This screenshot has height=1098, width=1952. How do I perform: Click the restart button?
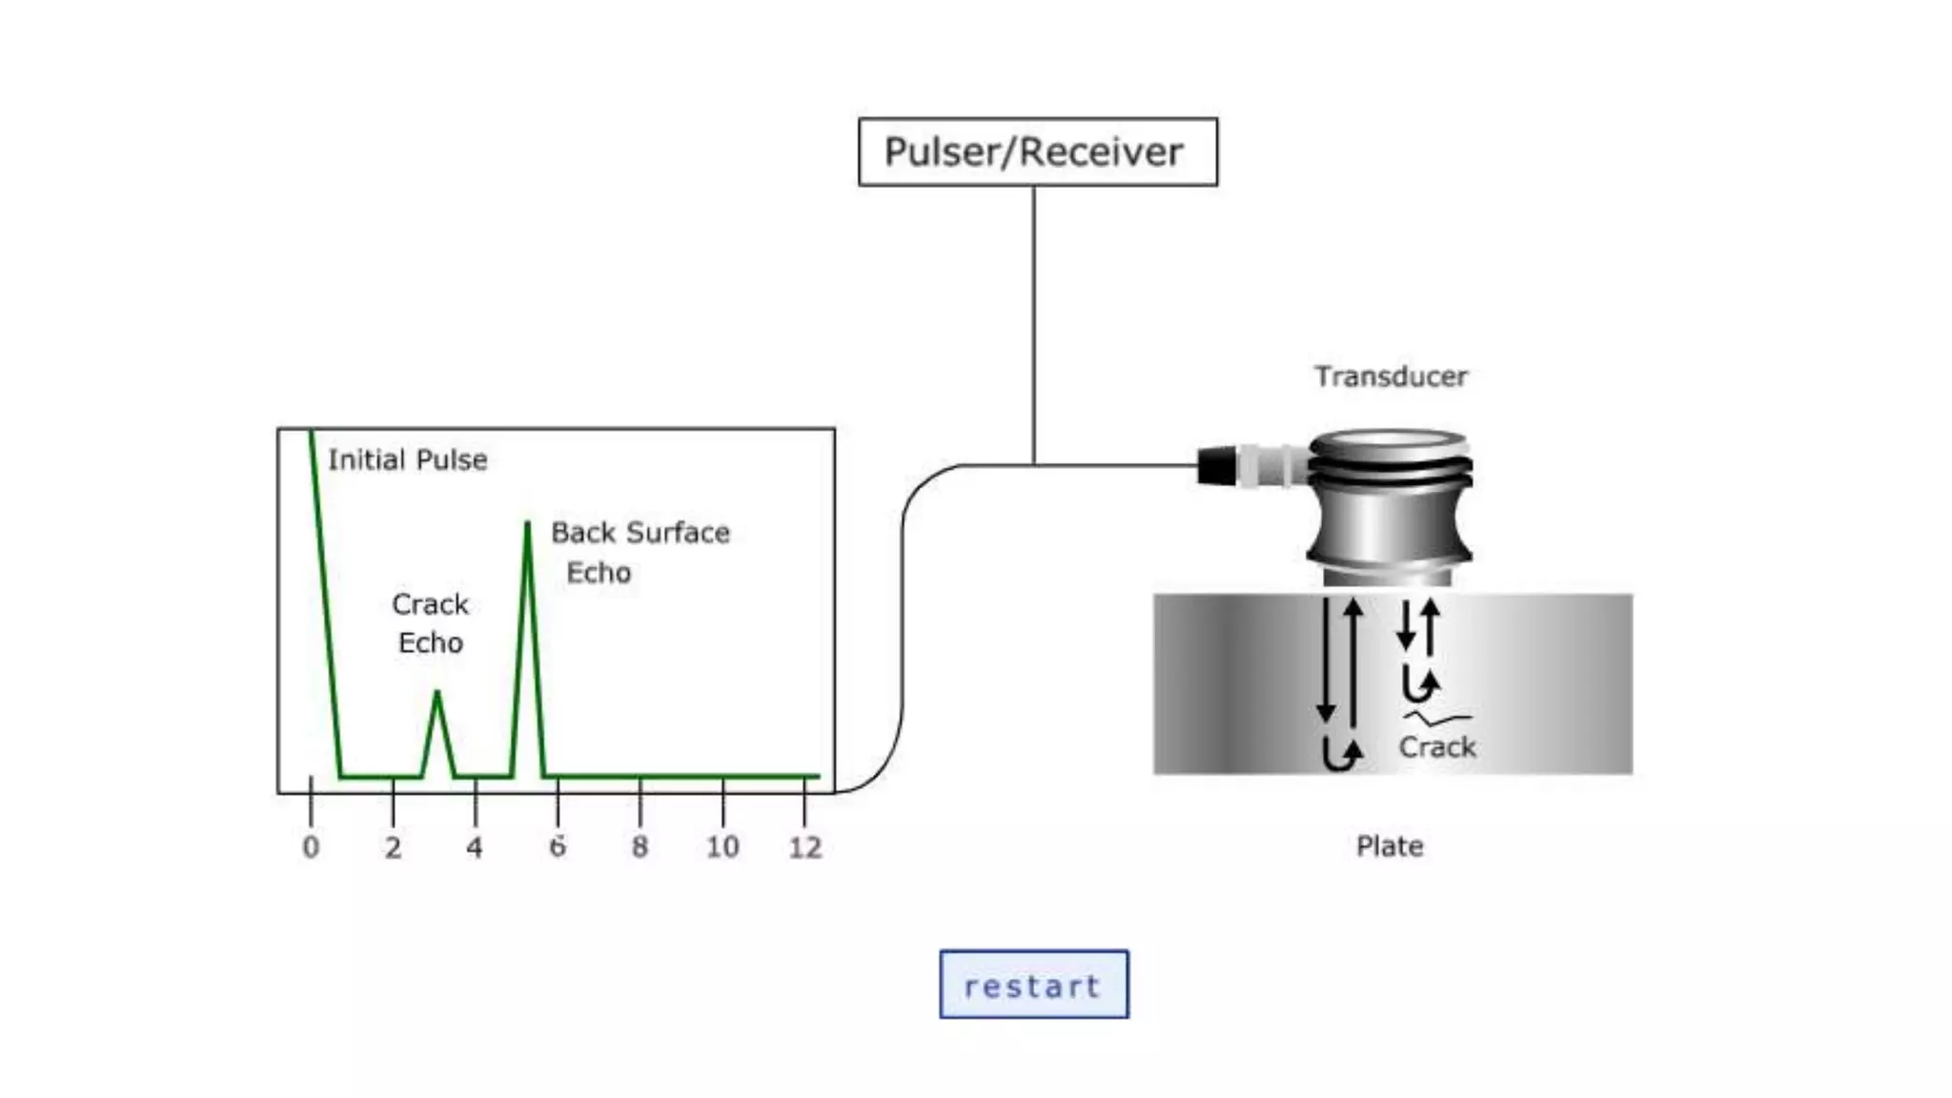click(1034, 985)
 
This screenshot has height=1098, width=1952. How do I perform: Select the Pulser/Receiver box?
click(1037, 152)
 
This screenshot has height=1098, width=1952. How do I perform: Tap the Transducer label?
click(1391, 376)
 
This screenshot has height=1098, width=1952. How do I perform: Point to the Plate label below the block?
click(1389, 845)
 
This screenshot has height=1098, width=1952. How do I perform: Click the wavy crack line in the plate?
click(1437, 718)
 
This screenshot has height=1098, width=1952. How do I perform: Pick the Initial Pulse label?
click(407, 459)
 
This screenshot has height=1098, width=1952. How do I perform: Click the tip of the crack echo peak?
click(437, 694)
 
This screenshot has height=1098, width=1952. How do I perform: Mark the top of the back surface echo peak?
click(527, 524)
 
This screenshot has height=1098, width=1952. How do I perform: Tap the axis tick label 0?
click(311, 846)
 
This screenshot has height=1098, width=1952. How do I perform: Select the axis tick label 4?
click(475, 846)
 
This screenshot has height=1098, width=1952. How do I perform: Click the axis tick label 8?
click(640, 846)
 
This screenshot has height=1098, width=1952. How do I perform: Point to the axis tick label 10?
click(722, 846)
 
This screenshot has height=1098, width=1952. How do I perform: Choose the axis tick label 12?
click(804, 846)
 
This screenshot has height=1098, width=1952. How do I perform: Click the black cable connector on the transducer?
click(1215, 466)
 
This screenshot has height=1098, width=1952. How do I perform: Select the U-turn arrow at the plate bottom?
click(1342, 755)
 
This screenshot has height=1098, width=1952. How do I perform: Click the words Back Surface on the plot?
click(640, 532)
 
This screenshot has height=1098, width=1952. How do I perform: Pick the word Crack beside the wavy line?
click(1436, 746)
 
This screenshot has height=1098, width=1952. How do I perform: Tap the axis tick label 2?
click(393, 846)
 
